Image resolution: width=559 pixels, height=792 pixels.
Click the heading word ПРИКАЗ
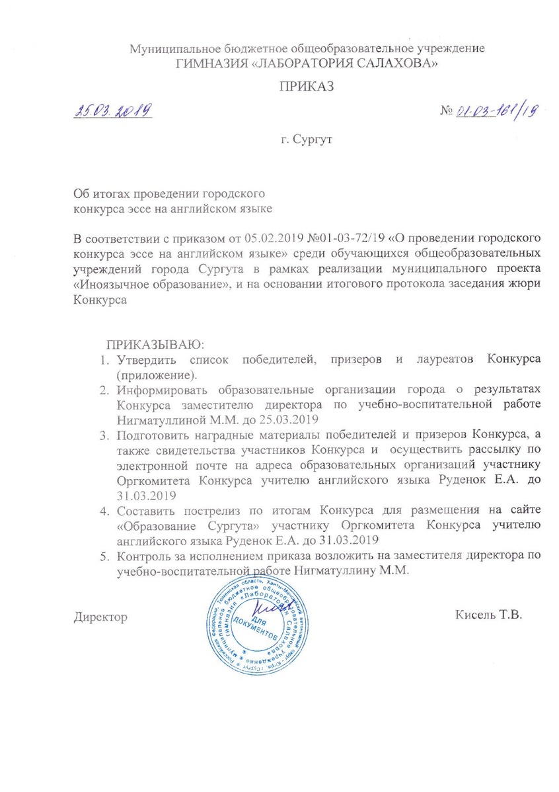tap(305, 87)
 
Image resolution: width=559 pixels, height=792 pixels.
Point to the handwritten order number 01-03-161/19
tap(496, 110)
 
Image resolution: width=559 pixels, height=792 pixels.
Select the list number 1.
tap(102, 360)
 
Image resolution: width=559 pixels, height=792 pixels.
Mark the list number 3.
tap(102, 435)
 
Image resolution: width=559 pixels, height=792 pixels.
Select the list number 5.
tap(102, 555)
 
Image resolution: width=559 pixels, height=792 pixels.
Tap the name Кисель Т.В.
tap(489, 615)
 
